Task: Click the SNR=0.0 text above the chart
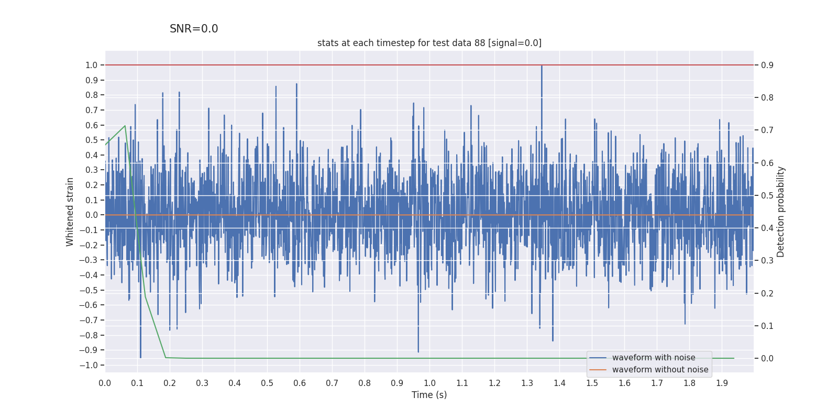tap(194, 29)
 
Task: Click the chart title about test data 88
tap(429, 43)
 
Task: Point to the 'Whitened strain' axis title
tap(70, 212)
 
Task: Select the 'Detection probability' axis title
tap(780, 212)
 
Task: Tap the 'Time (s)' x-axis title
tap(429, 395)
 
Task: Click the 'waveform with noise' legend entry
tap(653, 358)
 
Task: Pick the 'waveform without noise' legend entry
tap(660, 370)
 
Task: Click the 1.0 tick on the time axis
tap(429, 383)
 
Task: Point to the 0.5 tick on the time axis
tap(267, 383)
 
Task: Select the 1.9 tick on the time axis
tap(722, 383)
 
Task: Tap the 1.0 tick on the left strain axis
tap(92, 65)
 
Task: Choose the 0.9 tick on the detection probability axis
tap(767, 65)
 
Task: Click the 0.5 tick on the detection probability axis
tap(767, 195)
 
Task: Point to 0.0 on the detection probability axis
tap(767, 358)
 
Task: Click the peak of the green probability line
tap(125, 126)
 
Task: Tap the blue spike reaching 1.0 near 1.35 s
tap(542, 66)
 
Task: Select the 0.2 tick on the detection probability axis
tap(767, 293)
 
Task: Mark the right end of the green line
tap(733, 358)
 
